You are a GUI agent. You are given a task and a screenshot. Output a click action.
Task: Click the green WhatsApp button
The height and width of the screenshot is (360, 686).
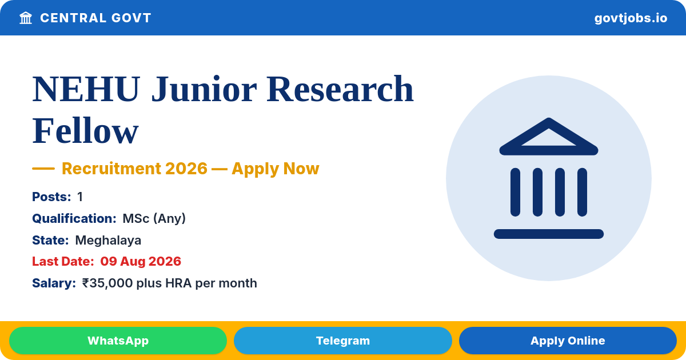tap(118, 341)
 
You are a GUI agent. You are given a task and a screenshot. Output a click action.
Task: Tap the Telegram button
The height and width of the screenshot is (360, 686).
tap(342, 341)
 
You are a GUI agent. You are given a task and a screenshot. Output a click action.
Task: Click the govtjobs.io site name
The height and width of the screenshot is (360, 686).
tap(631, 18)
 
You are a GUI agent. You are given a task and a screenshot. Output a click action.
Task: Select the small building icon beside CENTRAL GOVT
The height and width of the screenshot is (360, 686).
tap(26, 18)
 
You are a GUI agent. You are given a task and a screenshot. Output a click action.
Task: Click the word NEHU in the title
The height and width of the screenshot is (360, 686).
tap(86, 89)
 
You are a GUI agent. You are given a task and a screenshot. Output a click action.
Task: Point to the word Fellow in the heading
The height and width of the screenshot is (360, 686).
tap(85, 131)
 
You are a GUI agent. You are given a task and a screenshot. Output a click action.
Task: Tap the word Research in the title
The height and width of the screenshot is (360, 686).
tap(340, 89)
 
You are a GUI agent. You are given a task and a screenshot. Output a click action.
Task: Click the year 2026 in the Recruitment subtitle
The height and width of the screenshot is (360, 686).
tap(186, 169)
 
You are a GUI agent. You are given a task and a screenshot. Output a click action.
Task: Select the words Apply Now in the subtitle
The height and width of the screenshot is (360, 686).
tap(276, 169)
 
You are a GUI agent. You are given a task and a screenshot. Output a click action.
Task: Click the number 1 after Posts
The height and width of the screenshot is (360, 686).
tap(80, 197)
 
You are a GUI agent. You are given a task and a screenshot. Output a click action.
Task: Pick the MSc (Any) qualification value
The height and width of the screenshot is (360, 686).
tap(154, 218)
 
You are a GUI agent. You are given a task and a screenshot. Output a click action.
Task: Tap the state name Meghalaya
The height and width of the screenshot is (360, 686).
tap(108, 241)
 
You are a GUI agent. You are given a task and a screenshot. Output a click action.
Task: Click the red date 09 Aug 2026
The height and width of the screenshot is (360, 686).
tap(141, 262)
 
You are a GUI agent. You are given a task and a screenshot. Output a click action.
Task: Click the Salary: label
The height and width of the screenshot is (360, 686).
tap(54, 283)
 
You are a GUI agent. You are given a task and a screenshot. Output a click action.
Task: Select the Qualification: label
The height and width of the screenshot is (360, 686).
tap(74, 218)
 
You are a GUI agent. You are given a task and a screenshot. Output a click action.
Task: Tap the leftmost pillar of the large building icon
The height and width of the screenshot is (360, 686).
tap(515, 192)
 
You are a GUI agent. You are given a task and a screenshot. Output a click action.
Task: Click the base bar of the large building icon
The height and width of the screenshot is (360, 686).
tap(548, 234)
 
